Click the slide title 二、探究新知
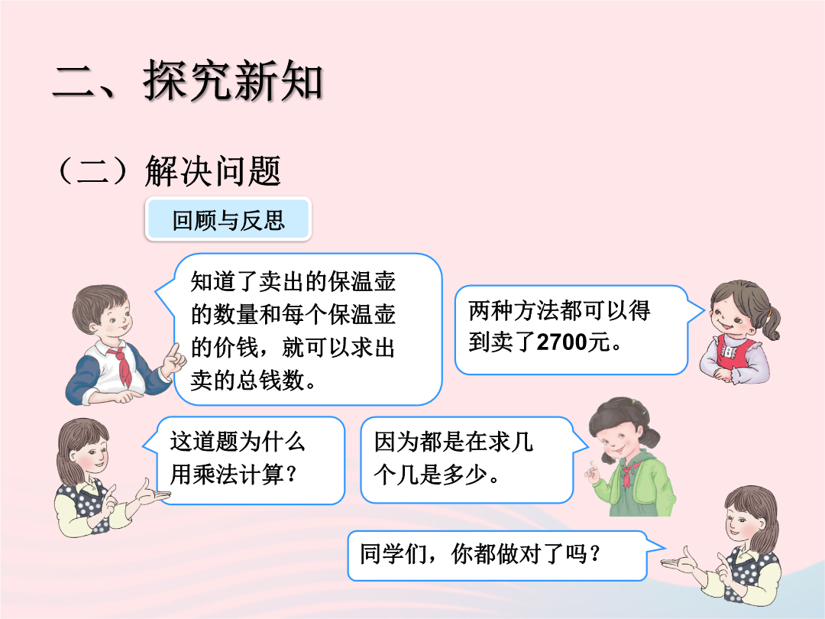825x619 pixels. coord(187,80)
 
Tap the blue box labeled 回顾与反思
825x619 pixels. coord(228,219)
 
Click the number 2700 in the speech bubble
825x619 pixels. coord(562,342)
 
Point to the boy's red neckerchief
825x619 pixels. coord(121,363)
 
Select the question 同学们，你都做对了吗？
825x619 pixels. coord(480,554)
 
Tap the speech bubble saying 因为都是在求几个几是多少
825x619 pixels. coord(467,459)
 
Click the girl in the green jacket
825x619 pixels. coord(632,457)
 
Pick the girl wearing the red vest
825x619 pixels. coord(739,332)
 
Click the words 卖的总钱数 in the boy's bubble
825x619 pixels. coord(247,380)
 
